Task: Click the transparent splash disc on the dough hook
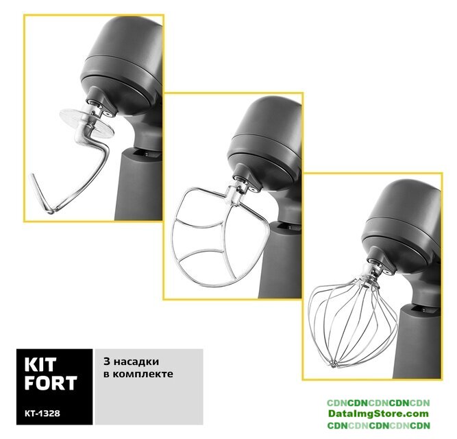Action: pyautogui.click(x=86, y=123)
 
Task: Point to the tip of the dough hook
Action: pyautogui.click(x=33, y=176)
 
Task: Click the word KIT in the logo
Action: pyautogui.click(x=40, y=364)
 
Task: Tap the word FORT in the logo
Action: pyautogui.click(x=51, y=383)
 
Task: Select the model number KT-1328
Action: pyautogui.click(x=42, y=414)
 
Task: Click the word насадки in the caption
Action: pyautogui.click(x=136, y=361)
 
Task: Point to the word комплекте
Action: pyautogui.click(x=143, y=374)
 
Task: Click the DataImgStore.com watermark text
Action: pyautogui.click(x=378, y=414)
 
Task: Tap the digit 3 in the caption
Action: pyautogui.click(x=107, y=361)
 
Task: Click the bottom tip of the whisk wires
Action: pyautogui.click(x=333, y=364)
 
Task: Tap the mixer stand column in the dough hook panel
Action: pyautogui.click(x=138, y=185)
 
